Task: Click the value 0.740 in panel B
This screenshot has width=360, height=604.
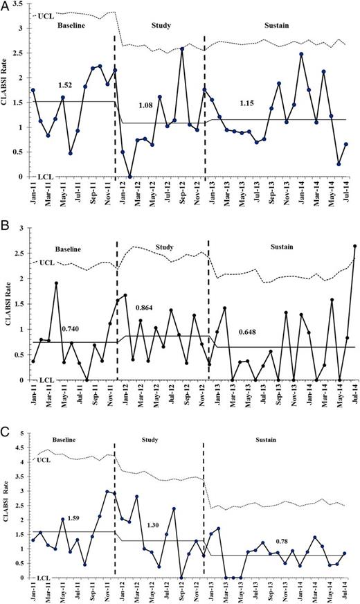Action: (71, 330)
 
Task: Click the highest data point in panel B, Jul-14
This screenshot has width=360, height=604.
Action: (355, 246)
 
